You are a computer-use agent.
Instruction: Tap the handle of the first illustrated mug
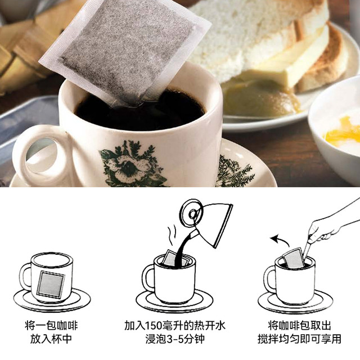[x=26, y=275]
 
